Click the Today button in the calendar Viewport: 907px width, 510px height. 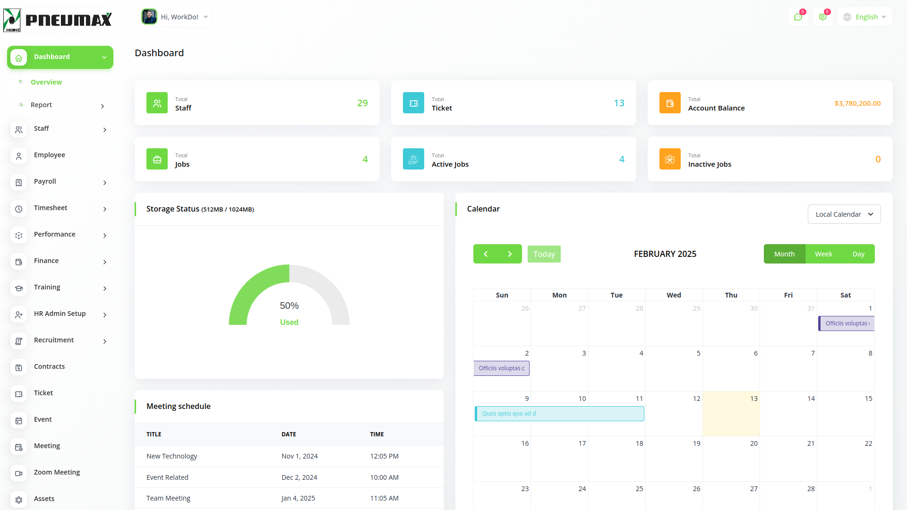click(x=544, y=254)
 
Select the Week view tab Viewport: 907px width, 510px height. click(x=823, y=254)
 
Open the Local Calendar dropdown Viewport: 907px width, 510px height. click(x=844, y=214)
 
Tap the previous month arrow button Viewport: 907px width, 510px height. click(x=486, y=254)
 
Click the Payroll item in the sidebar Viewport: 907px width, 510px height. click(x=45, y=181)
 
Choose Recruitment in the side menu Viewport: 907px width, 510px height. click(x=54, y=340)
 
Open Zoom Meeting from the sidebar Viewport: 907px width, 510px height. click(x=57, y=472)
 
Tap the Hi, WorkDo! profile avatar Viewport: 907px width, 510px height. click(x=149, y=17)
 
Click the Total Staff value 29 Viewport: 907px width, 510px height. click(x=362, y=103)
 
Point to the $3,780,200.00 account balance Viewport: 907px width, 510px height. click(x=857, y=103)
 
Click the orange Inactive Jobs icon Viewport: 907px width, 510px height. click(x=670, y=159)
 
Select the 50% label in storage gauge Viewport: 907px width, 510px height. click(x=289, y=306)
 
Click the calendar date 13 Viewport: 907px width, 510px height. click(x=753, y=399)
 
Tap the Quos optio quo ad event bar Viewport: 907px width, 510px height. click(x=559, y=414)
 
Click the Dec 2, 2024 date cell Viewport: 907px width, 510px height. click(x=299, y=477)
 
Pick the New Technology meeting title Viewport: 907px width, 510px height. click(x=171, y=456)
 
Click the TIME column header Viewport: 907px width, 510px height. click(x=377, y=434)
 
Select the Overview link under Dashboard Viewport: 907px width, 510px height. click(x=46, y=82)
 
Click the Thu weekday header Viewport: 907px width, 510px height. click(x=731, y=295)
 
